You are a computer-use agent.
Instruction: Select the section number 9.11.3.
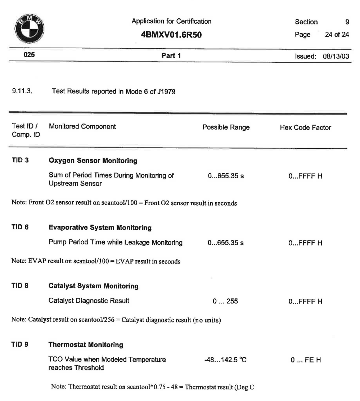click(x=21, y=92)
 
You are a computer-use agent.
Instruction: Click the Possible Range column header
click(x=226, y=127)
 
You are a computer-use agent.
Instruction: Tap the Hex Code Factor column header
click(x=305, y=127)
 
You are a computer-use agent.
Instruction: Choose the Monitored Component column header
click(x=82, y=127)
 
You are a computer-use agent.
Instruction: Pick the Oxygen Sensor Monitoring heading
click(x=93, y=161)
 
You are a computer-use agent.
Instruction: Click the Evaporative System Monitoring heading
click(x=100, y=228)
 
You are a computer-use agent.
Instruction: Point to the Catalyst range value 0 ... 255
click(x=226, y=301)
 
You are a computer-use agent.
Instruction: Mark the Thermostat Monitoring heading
click(x=86, y=345)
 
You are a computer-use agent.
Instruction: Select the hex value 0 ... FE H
click(x=305, y=360)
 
